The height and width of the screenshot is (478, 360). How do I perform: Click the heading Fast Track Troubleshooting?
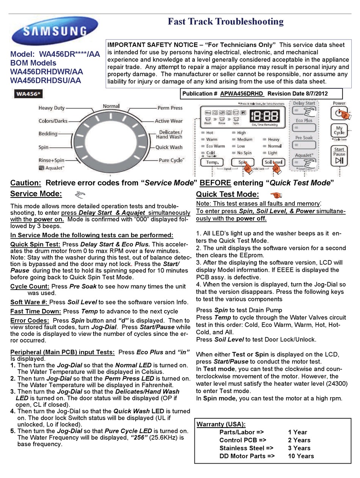click(225, 22)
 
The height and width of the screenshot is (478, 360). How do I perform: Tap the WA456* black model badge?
click(28, 94)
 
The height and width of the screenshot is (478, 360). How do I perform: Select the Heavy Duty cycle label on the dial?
click(52, 108)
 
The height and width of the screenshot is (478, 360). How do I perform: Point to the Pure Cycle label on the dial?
click(171, 160)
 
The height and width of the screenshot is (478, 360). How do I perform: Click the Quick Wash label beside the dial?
click(169, 147)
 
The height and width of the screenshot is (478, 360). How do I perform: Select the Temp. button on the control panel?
click(212, 162)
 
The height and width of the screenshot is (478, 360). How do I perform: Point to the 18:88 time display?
click(266, 115)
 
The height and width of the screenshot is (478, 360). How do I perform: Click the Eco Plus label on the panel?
click(304, 121)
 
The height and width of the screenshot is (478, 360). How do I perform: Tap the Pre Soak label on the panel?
click(304, 138)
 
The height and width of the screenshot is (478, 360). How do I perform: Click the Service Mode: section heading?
click(36, 194)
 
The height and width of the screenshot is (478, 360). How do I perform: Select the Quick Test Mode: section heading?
click(227, 194)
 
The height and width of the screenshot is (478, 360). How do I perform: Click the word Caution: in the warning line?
click(25, 183)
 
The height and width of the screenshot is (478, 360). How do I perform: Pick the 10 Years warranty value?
click(301, 456)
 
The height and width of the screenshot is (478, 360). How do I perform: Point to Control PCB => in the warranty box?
click(243, 440)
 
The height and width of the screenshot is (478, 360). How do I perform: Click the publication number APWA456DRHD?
click(242, 94)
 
